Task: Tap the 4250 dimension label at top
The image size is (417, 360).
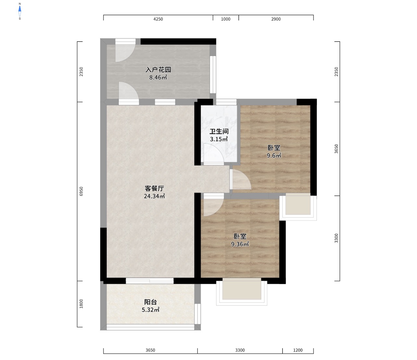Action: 158,19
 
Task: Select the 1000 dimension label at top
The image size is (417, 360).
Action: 225,19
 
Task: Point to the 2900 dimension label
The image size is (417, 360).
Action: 276,19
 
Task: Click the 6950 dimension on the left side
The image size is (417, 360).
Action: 81,191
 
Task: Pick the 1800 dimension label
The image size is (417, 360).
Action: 81,304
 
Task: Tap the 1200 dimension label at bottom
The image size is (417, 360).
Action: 298,350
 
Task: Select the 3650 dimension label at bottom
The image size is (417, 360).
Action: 150,350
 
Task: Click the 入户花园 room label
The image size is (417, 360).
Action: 158,70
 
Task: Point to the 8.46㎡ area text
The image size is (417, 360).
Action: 158,78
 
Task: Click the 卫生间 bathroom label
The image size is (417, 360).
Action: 219,131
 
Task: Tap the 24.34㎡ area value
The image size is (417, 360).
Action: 154,196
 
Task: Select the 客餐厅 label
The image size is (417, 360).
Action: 154,188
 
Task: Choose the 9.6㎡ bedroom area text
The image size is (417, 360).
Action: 274,155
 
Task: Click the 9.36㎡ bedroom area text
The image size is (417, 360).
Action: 240,244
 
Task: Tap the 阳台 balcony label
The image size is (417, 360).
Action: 150,302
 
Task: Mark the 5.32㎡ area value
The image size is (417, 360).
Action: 150,310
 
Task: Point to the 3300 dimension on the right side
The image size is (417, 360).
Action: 336,238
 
